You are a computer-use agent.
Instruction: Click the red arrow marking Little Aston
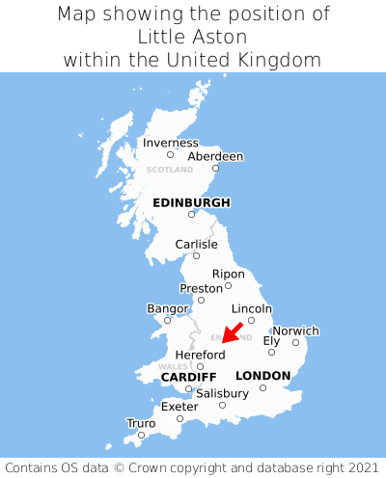pos(232,332)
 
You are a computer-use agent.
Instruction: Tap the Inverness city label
pos(170,143)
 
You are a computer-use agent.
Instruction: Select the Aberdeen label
pos(215,156)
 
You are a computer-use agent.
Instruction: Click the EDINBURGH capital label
pos(191,202)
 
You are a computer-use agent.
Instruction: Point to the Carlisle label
pos(196,245)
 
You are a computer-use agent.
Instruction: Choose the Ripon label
pos(228,274)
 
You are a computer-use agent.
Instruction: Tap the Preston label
pos(201,288)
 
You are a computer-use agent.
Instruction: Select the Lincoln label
pos(252,308)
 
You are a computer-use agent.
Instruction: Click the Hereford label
pos(200,355)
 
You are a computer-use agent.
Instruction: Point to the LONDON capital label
pos(262,375)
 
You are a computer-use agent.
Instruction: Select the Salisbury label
pos(222,393)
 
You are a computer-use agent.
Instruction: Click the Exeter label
pos(179,407)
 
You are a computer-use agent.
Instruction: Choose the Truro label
pos(141,423)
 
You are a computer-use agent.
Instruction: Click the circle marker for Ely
pos(271,352)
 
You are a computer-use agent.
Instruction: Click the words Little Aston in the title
pos(193,37)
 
